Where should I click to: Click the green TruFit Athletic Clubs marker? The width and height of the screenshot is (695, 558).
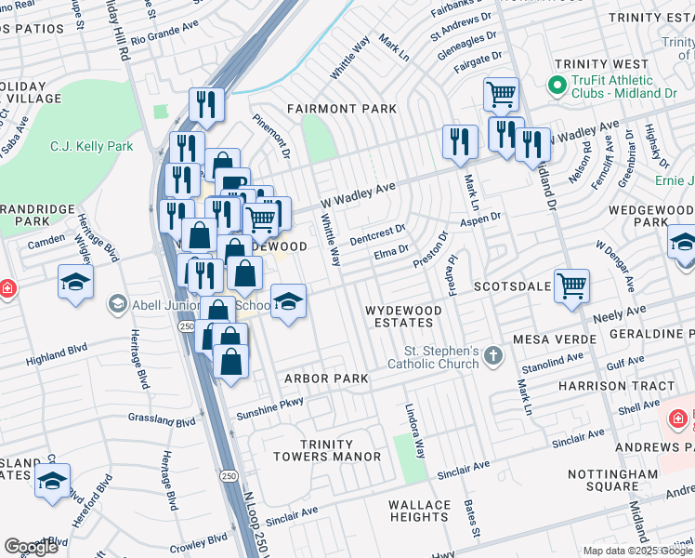(x=557, y=86)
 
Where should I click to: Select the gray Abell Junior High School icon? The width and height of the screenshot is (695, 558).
(x=117, y=303)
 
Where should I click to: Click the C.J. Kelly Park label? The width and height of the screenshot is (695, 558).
(x=90, y=146)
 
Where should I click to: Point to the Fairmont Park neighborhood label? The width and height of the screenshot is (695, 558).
(x=341, y=109)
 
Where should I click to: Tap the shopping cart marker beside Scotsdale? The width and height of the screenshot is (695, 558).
(x=571, y=286)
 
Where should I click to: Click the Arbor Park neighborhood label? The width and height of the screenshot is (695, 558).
(x=326, y=379)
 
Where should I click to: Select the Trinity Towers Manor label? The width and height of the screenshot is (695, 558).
(x=327, y=450)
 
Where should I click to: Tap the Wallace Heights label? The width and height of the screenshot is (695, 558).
(x=420, y=511)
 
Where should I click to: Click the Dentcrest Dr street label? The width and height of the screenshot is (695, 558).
(x=377, y=234)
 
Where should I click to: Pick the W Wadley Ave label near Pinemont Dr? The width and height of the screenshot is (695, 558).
(x=358, y=195)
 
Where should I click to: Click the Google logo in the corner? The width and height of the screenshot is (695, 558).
(x=31, y=547)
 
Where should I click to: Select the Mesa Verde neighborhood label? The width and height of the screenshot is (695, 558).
(x=557, y=340)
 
